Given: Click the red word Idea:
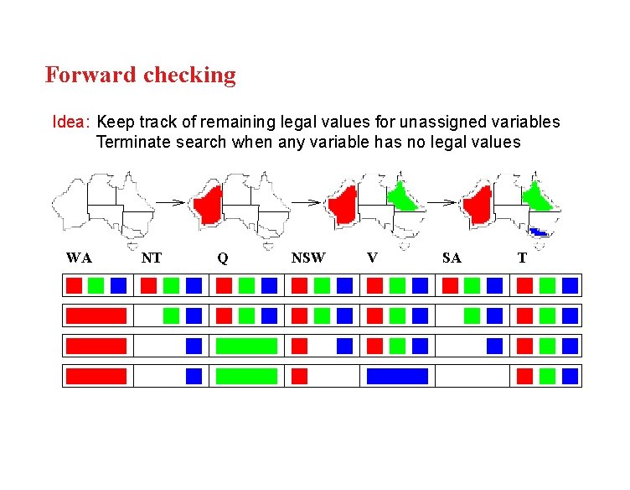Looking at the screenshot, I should [70, 122].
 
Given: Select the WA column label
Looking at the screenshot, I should [79, 258].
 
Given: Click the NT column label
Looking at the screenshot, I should [152, 258].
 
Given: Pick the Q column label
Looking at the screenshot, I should [222, 258].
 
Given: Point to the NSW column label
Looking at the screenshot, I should [307, 258].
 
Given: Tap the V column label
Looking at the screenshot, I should [372, 258].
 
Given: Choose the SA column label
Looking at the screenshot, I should [452, 258].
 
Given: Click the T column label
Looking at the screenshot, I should [522, 258].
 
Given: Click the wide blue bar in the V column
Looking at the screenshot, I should [397, 376].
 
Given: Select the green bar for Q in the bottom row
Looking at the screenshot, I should [246, 376].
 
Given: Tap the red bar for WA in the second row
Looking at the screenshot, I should [96, 315].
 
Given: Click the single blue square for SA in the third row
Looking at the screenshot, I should [495, 346].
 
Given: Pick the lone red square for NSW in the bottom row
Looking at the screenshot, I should [299, 376].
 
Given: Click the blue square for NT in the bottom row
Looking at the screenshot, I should [194, 376].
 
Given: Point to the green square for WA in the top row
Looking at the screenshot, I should [96, 285].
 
